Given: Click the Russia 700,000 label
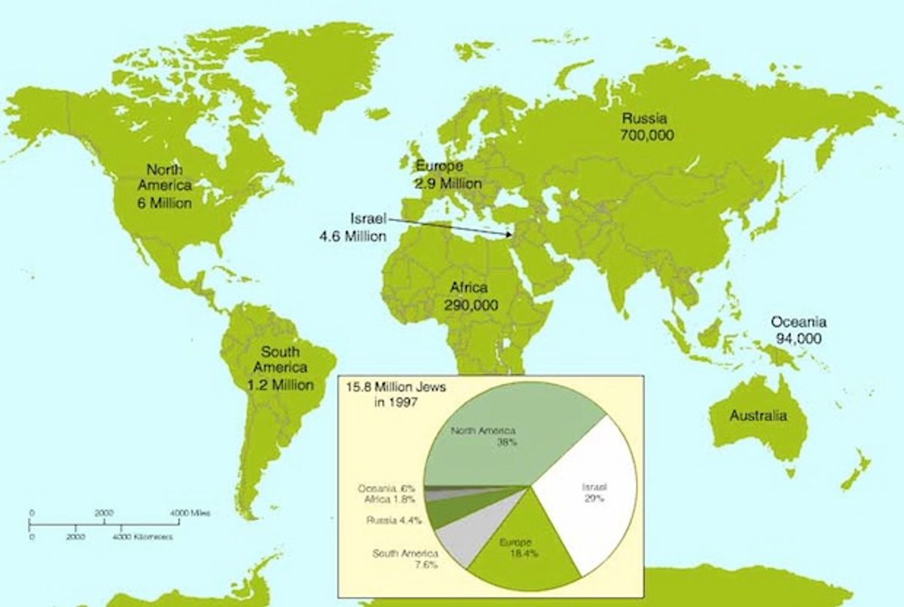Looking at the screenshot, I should point(647,127).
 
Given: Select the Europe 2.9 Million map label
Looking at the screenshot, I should point(447,174).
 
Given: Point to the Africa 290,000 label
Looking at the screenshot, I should point(469,296).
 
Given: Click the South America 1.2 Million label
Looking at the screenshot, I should point(279,368).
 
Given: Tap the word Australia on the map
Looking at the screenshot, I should point(758,415).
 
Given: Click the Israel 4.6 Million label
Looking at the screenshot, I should point(356,227).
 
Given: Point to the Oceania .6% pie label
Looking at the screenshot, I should point(386,489).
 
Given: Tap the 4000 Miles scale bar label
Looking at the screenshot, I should point(190,513).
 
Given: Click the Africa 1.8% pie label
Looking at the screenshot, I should point(389,499).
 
